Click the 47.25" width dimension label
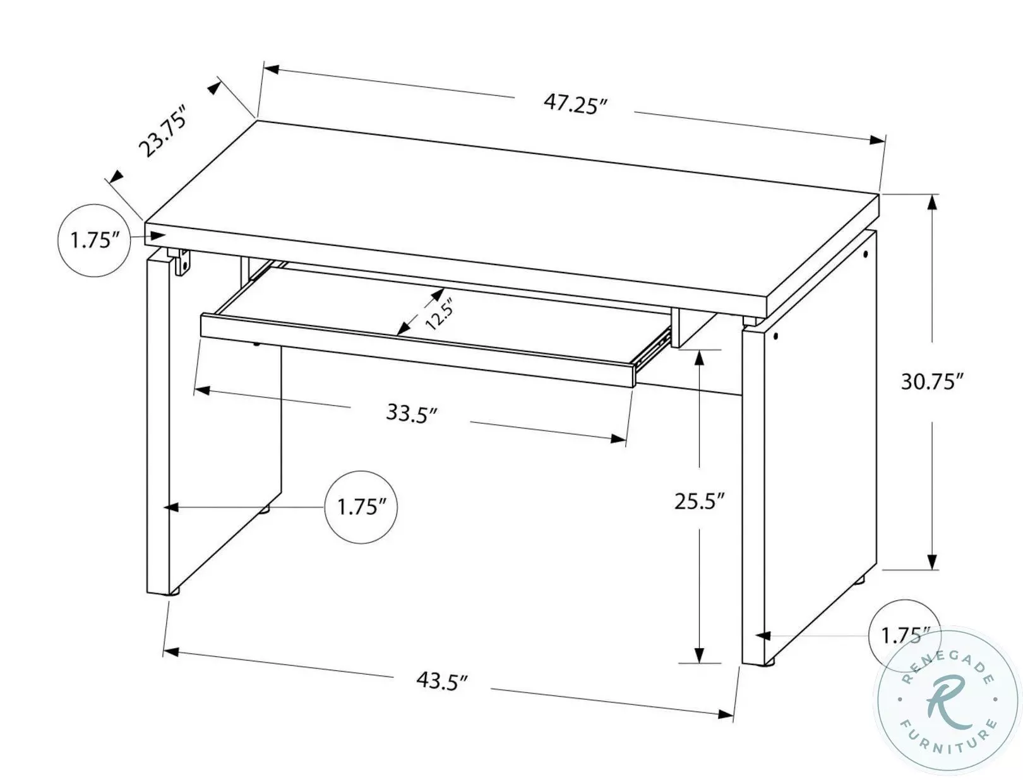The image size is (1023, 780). click(575, 105)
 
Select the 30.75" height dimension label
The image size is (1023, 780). click(931, 382)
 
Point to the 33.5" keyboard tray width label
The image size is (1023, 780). click(412, 414)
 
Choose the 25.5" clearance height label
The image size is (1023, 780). click(698, 502)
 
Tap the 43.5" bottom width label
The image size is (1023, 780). click(442, 681)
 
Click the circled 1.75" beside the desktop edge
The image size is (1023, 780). click(95, 240)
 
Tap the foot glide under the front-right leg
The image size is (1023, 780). click(768, 663)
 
